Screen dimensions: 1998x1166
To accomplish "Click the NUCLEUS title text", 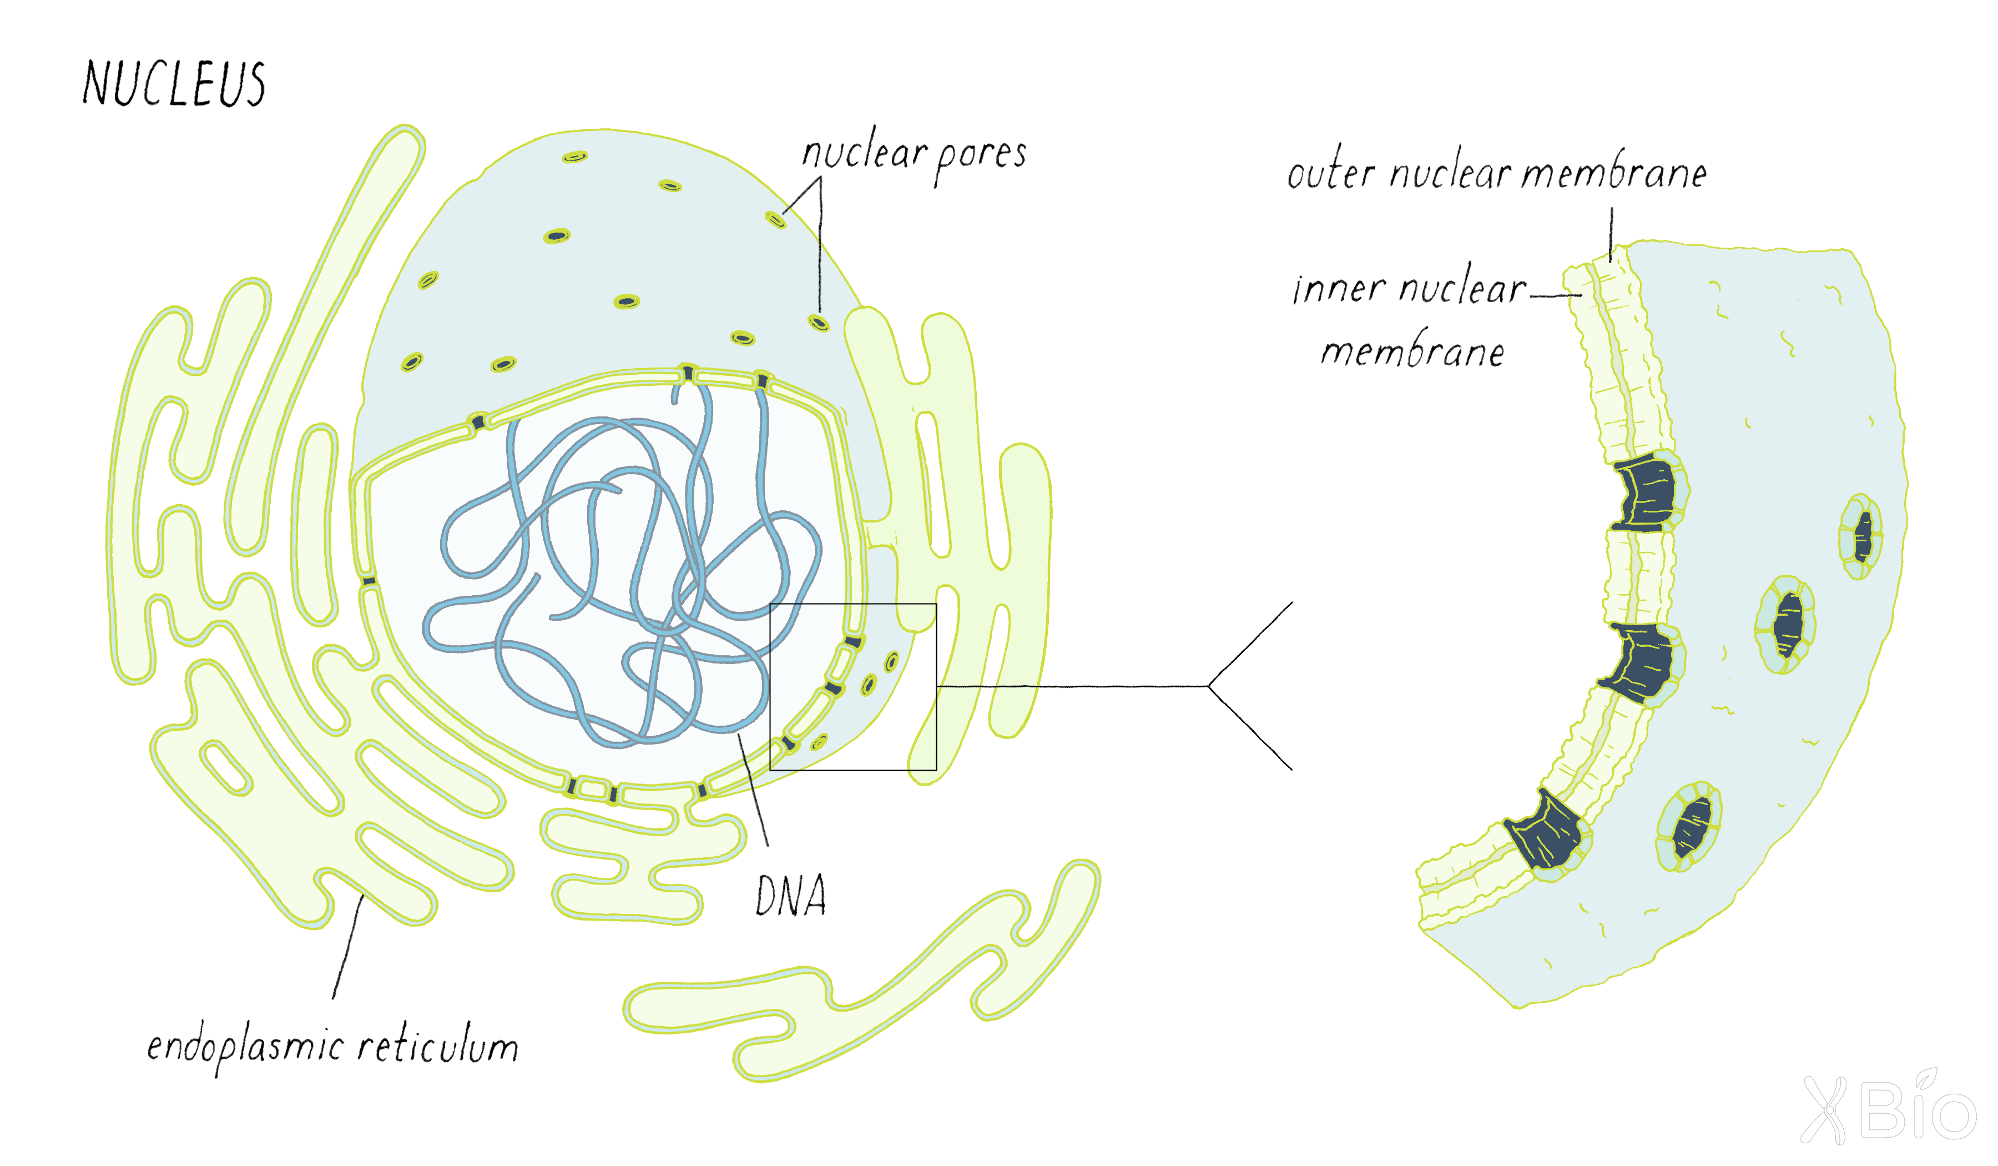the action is [174, 83].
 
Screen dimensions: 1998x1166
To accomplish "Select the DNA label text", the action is [790, 896].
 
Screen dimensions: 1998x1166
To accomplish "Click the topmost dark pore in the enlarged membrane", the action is [1646, 494].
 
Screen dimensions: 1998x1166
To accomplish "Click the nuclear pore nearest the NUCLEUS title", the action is [575, 157].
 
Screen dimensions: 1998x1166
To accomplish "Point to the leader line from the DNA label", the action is [753, 790].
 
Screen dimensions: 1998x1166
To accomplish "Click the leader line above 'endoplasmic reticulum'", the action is [348, 946].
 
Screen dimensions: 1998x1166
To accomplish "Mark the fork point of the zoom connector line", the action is [1208, 686].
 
